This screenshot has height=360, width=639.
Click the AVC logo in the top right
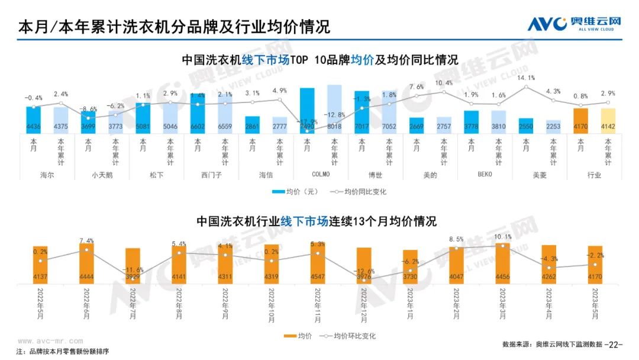(574, 24)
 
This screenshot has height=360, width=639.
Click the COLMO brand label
(320, 175)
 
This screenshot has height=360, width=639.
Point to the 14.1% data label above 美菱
(526, 78)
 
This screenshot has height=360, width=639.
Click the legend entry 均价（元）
(296, 192)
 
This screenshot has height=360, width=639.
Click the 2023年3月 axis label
(502, 303)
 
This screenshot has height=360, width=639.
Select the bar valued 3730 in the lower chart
(410, 266)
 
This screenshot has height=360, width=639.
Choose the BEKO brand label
(485, 175)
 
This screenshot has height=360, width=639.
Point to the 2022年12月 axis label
(363, 303)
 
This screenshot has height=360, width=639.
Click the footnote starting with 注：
(62, 352)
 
